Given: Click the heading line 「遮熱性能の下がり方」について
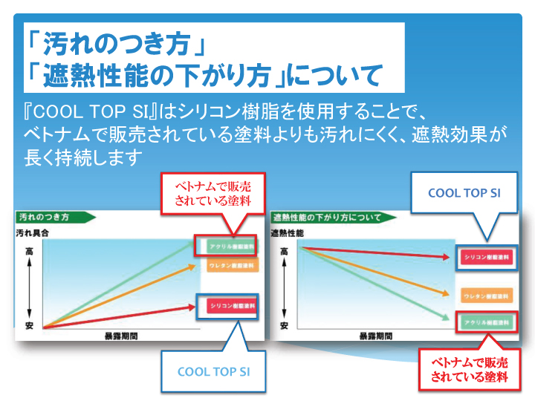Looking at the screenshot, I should coord(203,75).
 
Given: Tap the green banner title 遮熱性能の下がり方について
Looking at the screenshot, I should coord(327,218).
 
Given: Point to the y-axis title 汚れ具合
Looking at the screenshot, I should coord(33,233).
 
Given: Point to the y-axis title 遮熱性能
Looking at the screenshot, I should coord(287,233).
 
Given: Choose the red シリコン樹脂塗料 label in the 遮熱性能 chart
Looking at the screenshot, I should coord(486,257).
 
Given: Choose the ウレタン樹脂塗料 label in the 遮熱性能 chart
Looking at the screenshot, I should coord(486,296).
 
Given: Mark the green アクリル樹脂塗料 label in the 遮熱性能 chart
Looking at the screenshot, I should coord(486,322).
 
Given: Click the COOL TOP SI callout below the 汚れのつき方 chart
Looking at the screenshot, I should coord(213,371).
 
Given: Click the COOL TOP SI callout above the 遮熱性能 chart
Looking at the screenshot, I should coord(464,193).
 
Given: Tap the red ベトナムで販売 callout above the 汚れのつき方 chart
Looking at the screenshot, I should coord(213,193).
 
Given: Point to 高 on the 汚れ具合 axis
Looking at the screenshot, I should coord(30,252).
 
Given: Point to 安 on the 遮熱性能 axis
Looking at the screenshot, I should coord(285,326).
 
